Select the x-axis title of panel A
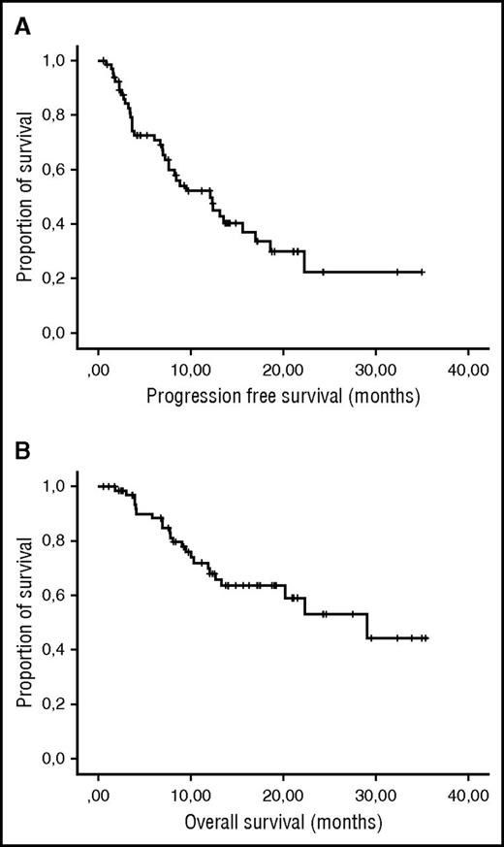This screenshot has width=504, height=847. point(283,396)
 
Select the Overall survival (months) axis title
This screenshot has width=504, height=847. point(283,822)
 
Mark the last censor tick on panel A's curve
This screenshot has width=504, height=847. point(423,273)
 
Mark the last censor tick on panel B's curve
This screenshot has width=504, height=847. point(425,638)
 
